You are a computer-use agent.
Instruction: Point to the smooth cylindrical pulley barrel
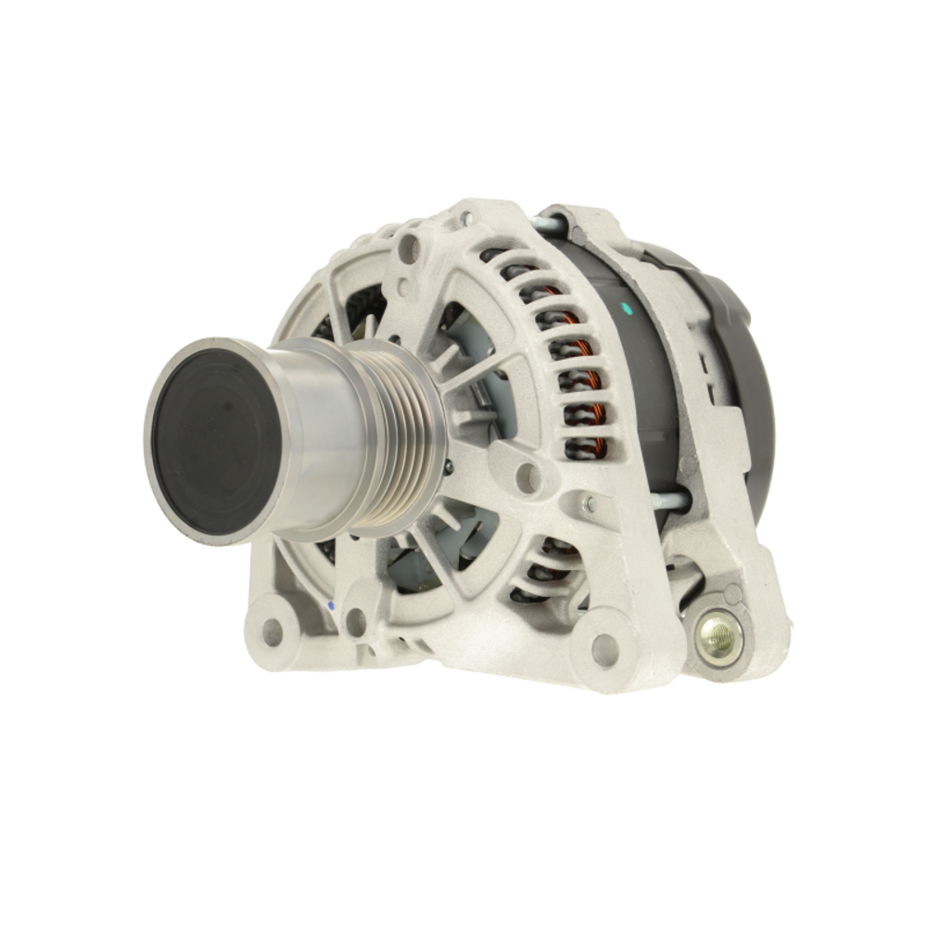click(x=320, y=436)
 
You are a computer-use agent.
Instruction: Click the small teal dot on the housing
click(x=629, y=308)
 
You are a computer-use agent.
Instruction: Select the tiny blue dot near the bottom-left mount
click(x=331, y=606)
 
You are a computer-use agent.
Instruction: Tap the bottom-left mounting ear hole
click(x=272, y=633)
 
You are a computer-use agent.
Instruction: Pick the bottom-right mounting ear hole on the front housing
click(x=603, y=649)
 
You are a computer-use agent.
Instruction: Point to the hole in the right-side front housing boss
click(x=528, y=478)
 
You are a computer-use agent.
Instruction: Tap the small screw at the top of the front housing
click(x=466, y=220)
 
